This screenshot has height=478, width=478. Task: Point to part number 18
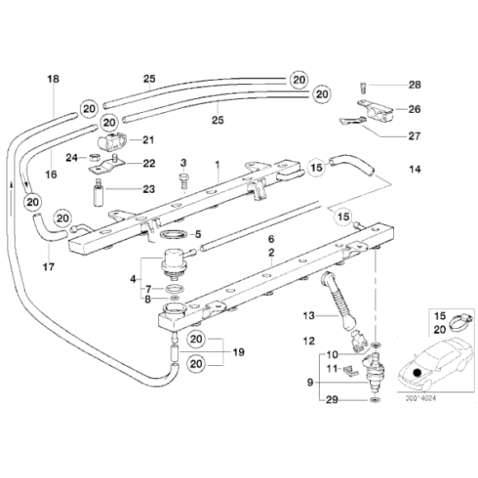coord(54,79)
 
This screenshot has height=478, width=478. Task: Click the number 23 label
coord(148,189)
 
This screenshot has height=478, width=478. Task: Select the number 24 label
coord(72,157)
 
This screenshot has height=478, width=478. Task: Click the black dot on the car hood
coord(419,372)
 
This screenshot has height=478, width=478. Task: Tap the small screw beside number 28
coord(363,83)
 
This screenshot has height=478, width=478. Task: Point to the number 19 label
coord(238,351)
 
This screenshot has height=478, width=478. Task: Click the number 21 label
coord(148,138)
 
